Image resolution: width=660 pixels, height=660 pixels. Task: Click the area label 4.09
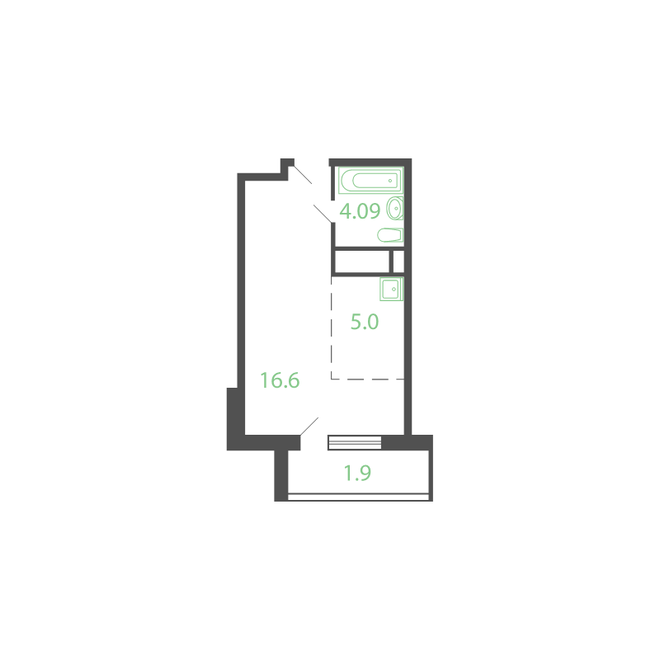360,211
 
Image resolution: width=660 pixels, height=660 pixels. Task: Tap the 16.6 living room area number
280,380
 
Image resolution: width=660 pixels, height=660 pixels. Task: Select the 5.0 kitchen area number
365,322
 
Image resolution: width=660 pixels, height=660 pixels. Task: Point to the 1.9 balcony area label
357,473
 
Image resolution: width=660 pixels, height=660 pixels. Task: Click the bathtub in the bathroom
370,181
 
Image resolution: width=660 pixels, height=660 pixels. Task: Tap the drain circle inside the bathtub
390,181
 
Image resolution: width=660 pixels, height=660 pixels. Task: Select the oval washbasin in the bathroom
395,209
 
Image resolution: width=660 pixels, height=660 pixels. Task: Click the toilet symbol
390,235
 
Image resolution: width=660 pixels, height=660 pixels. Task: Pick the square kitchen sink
391,289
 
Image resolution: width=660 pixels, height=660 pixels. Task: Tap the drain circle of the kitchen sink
394,290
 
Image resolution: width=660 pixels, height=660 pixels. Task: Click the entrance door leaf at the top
303,175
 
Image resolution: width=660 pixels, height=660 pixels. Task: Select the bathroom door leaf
323,214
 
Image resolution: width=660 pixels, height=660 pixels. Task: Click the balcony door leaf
309,427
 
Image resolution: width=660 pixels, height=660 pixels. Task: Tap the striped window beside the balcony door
355,443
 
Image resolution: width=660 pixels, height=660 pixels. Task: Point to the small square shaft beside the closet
398,262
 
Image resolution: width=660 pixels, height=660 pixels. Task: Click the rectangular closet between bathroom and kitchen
362,262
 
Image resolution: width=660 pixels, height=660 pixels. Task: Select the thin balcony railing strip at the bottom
358,497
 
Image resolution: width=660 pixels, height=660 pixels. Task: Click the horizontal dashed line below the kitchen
367,379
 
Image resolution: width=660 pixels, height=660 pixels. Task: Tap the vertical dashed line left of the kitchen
332,328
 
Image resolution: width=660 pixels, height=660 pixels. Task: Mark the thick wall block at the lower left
236,419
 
